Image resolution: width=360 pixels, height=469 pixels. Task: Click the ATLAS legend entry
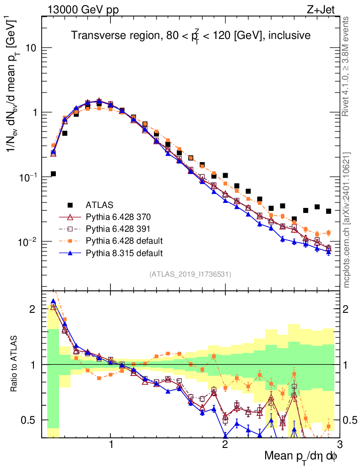point(99,204)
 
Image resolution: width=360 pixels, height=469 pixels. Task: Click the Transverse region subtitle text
point(191,35)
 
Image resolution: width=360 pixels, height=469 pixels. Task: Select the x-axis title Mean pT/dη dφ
point(301,456)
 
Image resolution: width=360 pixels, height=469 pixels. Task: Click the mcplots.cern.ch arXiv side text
point(346,220)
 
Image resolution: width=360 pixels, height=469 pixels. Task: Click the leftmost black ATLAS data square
point(53,174)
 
